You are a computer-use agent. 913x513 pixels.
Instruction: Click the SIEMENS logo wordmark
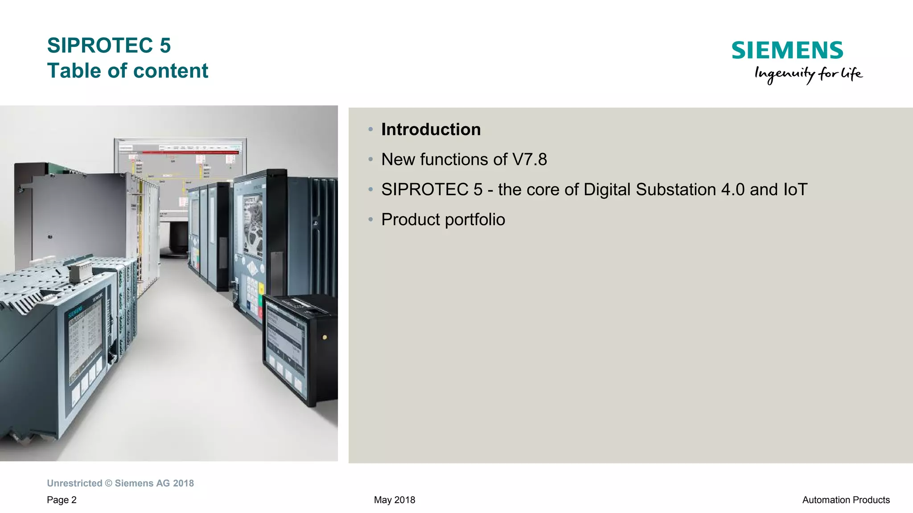point(787,50)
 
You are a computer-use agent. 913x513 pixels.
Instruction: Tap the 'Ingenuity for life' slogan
point(808,74)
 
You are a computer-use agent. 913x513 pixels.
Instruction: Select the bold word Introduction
point(431,130)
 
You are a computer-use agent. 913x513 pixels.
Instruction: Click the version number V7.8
point(530,160)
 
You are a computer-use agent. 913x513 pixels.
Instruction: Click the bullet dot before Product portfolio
point(370,219)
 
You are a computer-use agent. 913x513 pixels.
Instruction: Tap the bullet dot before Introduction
point(370,129)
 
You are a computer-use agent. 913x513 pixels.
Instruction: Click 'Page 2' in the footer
point(62,500)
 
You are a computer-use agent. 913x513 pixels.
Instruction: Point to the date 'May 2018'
point(395,500)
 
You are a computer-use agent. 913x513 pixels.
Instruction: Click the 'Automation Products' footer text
point(846,500)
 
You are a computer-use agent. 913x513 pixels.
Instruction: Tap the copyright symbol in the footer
point(109,484)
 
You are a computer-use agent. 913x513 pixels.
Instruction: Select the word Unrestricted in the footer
point(74,484)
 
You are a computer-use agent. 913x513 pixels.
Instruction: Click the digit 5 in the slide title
point(165,45)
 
